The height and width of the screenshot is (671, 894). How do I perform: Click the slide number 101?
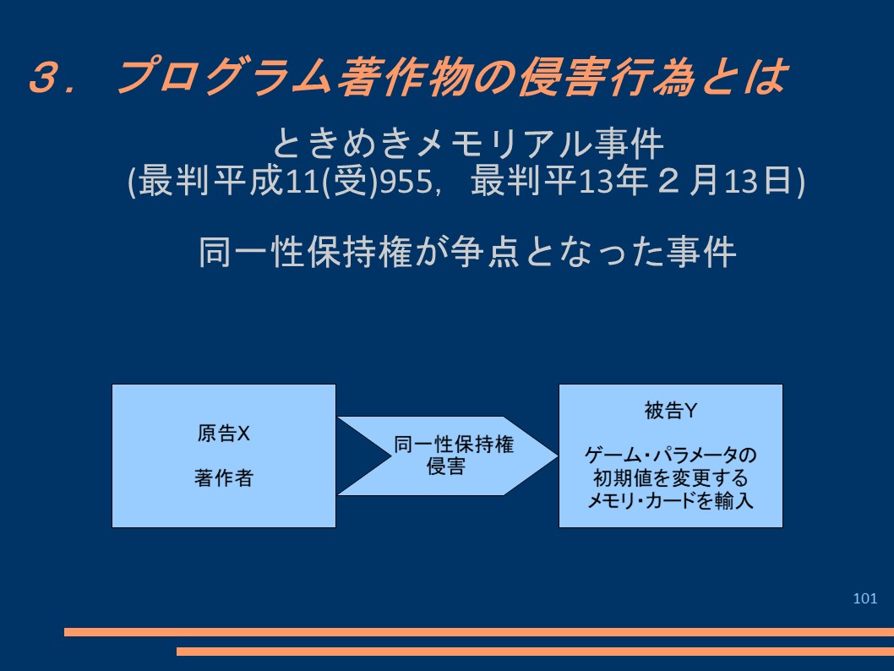[x=864, y=598]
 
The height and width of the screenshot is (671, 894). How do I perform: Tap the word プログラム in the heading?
[x=223, y=76]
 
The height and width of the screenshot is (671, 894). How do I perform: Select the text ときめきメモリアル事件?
[x=467, y=143]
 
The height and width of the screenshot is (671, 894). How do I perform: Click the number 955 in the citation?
[x=406, y=182]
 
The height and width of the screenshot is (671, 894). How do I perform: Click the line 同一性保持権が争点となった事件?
[x=467, y=252]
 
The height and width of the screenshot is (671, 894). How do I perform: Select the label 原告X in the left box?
[x=223, y=434]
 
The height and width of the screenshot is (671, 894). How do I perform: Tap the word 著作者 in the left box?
[x=223, y=477]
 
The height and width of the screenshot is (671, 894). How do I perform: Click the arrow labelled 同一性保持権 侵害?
[x=447, y=456]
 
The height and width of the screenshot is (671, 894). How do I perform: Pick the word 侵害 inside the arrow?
[x=446, y=466]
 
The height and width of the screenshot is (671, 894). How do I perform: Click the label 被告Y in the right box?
[x=671, y=411]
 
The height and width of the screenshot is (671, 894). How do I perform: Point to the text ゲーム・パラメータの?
[x=671, y=455]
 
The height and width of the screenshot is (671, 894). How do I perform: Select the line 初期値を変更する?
[x=671, y=477]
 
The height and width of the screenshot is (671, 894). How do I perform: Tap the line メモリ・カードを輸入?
[x=671, y=500]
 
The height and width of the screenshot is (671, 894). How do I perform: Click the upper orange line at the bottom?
[x=479, y=631]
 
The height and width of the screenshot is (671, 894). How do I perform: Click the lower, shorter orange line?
[x=535, y=651]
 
